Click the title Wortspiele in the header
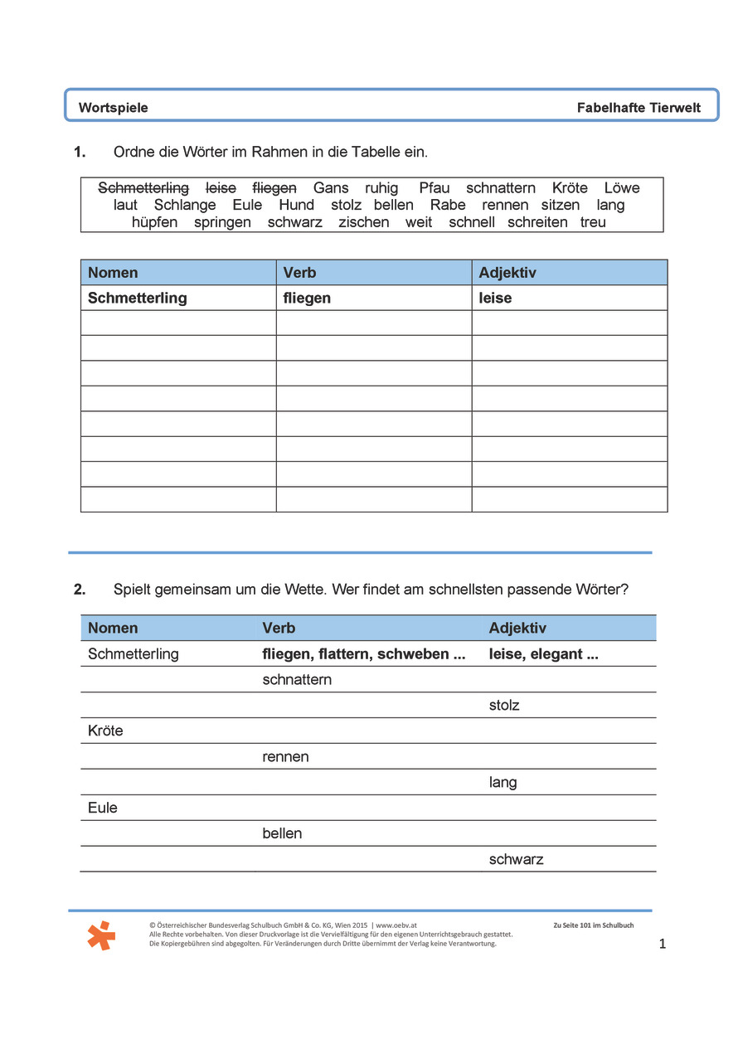113,108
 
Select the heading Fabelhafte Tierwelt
638,108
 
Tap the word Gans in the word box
331,188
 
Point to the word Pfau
435,188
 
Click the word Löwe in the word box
622,188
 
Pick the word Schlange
185,205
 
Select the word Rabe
448,205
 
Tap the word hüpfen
154,222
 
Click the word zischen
363,222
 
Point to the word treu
593,222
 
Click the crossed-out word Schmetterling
143,188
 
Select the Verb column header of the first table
299,273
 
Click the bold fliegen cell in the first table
307,298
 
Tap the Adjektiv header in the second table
517,629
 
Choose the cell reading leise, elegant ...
543,654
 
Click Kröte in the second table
105,731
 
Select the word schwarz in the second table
516,859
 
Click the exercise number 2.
80,590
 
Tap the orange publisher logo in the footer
101,935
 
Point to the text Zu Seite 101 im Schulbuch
593,925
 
